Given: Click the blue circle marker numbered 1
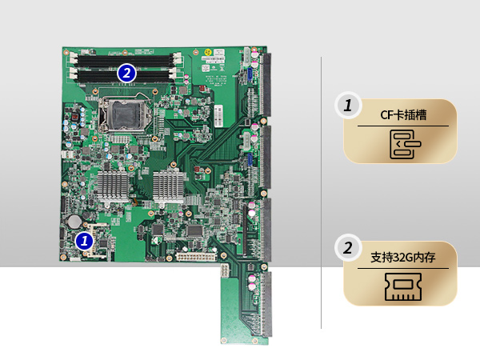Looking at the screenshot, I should pyautogui.click(x=84, y=239).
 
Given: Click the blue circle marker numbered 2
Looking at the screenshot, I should pyautogui.click(x=126, y=72).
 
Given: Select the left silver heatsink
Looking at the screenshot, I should pyautogui.click(x=113, y=182).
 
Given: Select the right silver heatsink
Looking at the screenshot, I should pyautogui.click(x=170, y=182).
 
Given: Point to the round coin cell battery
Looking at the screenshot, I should pyautogui.click(x=74, y=218).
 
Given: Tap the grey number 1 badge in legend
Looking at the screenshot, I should pyautogui.click(x=346, y=106).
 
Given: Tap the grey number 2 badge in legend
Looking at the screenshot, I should pyautogui.click(x=346, y=248).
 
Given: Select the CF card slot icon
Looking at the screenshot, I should pyautogui.click(x=400, y=145).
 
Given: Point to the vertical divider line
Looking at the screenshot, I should pyautogui.click(x=321, y=192).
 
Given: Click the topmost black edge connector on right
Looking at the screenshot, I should pyautogui.click(x=264, y=84).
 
